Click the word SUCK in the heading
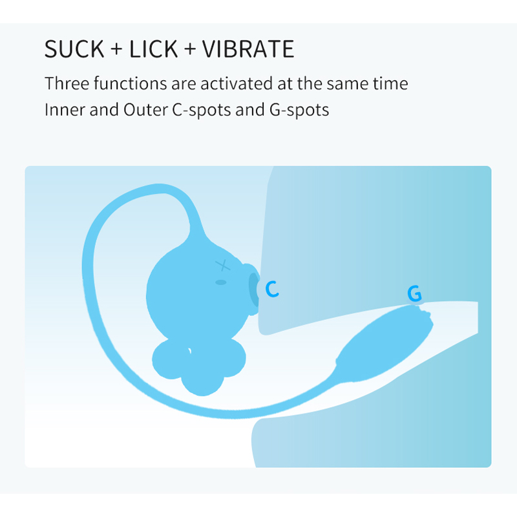74,49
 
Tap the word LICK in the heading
153,49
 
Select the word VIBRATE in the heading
248,49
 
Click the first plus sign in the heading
116,50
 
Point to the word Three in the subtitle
67,83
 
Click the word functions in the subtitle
131,83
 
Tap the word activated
237,83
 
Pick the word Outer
145,110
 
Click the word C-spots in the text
201,111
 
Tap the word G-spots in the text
299,111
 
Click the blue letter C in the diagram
272,289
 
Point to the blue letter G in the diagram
414,293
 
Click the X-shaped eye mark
223,265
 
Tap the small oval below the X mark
221,282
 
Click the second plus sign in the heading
190,50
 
